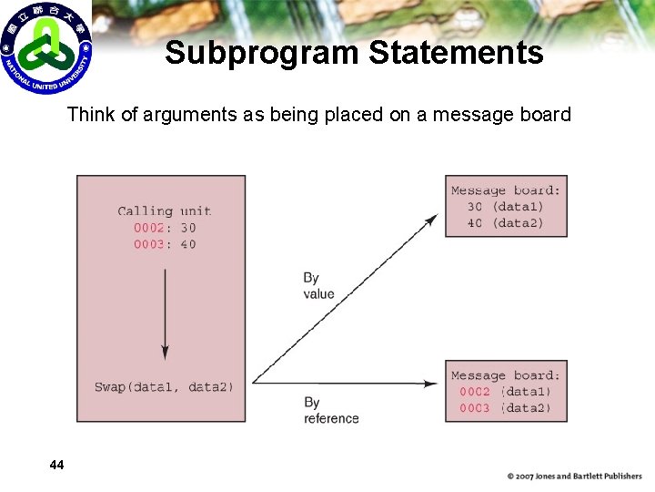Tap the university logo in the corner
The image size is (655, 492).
[x=45, y=47]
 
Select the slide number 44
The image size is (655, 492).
[x=56, y=466]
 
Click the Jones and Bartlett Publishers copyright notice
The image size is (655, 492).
[x=574, y=476]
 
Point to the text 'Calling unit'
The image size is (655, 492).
[x=164, y=211]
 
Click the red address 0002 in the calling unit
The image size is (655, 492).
[x=150, y=228]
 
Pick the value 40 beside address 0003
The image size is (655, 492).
[x=187, y=244]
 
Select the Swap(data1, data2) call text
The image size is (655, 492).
[x=164, y=387]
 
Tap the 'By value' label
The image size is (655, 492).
[x=318, y=286]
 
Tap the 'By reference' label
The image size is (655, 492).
[x=331, y=410]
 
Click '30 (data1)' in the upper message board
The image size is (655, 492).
[x=505, y=207]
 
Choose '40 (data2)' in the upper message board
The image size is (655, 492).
[x=505, y=223]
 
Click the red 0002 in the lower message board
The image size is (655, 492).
[x=474, y=392]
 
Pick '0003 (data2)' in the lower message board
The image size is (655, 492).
[x=505, y=408]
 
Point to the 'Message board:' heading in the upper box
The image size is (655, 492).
[x=506, y=190]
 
